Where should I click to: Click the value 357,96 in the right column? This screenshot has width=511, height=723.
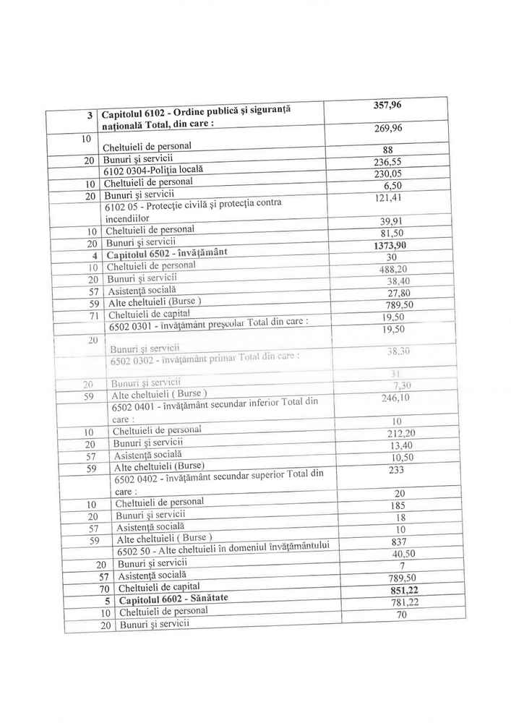click(x=387, y=105)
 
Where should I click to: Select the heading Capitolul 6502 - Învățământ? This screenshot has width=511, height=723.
click(x=166, y=252)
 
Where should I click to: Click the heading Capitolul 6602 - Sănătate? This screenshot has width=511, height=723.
click(x=173, y=599)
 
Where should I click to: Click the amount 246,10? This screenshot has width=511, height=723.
click(x=395, y=398)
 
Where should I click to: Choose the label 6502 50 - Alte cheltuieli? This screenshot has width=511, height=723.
click(x=223, y=551)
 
